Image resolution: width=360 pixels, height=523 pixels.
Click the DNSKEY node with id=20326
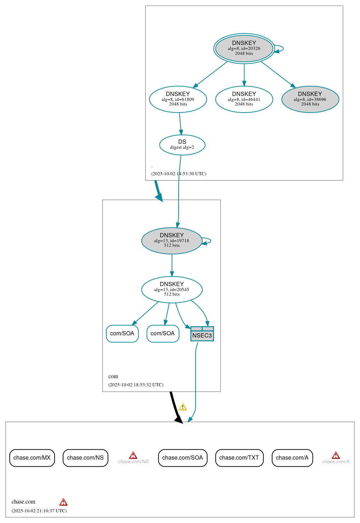pos(244,49)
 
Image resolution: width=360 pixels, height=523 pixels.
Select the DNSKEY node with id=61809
pos(178,100)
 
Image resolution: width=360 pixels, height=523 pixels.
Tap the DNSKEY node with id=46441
pos(244,100)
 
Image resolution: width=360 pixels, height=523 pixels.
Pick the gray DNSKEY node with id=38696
pos(310,100)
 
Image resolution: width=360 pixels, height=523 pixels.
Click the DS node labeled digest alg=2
pos(182,145)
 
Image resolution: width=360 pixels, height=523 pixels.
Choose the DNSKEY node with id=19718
pos(171,241)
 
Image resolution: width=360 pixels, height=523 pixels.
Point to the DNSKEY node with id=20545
pos(171,290)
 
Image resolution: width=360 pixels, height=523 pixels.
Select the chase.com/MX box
pos(32,458)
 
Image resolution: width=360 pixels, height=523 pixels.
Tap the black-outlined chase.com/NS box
pos(85,458)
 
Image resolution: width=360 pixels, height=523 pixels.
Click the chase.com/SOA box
pos(182,458)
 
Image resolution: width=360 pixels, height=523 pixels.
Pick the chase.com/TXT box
pos(239,458)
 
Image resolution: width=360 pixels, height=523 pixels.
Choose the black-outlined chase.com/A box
pos(292,458)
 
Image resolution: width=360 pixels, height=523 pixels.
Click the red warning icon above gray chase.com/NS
pos(133,455)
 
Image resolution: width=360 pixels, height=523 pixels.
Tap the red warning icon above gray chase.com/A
pos(336,455)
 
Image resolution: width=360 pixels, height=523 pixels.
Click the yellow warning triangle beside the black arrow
pos(183,407)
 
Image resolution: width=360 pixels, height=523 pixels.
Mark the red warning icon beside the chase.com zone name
pos(63,502)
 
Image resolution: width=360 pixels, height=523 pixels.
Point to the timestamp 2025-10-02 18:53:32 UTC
pos(136,385)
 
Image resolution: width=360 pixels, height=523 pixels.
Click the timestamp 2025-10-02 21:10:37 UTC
pos(39,511)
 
